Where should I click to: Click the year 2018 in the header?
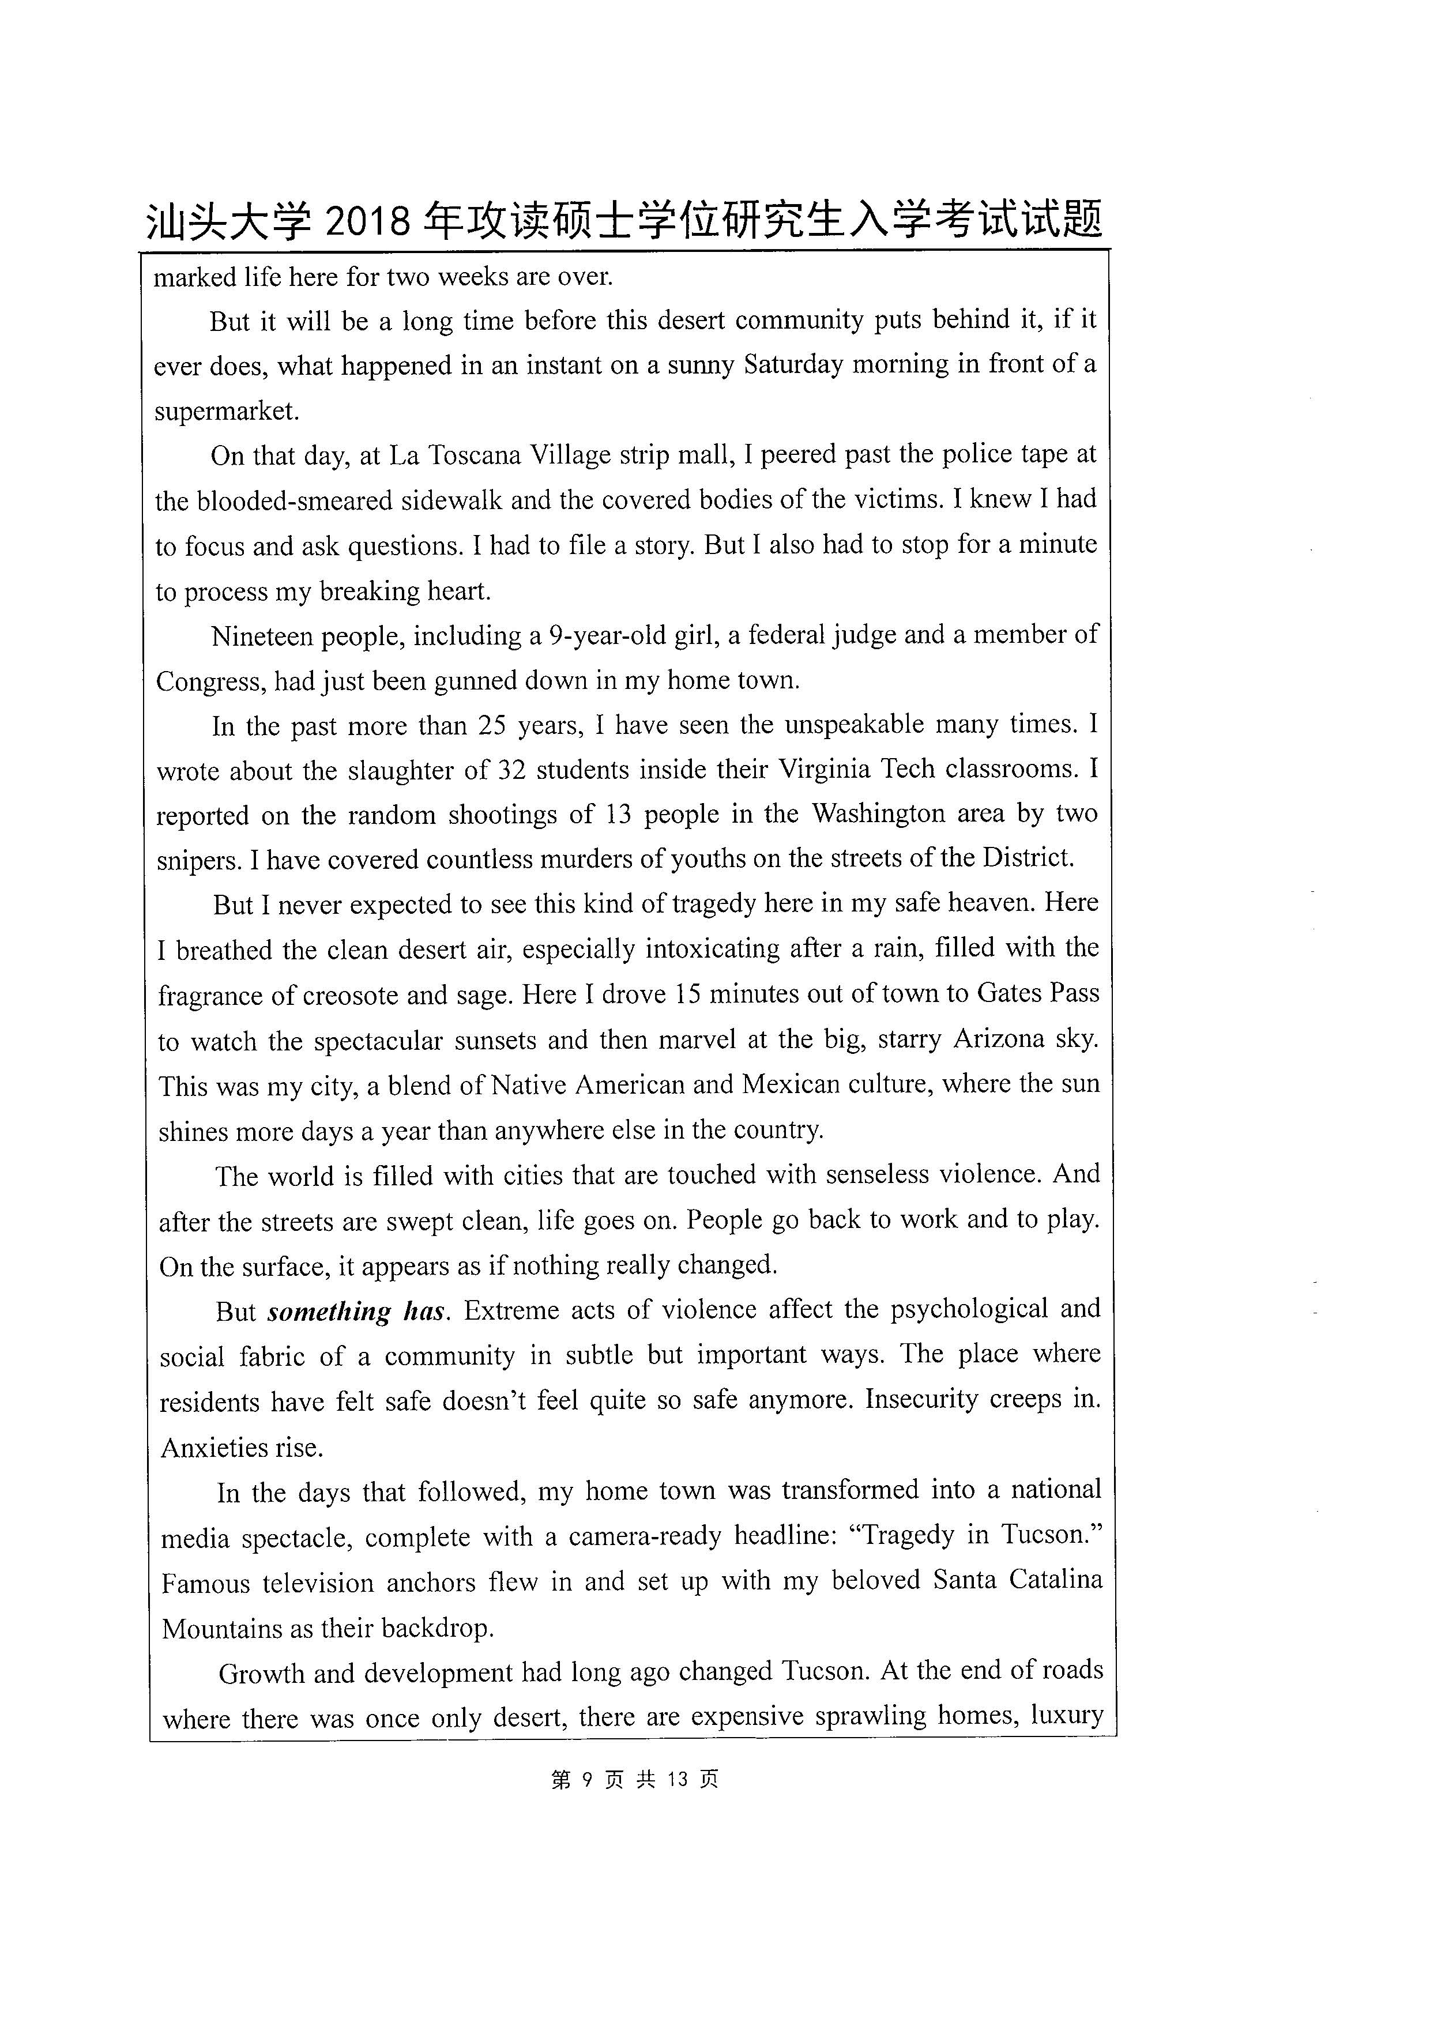[x=367, y=221]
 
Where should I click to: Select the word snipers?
[x=199, y=860]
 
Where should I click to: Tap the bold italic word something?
[x=329, y=1312]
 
